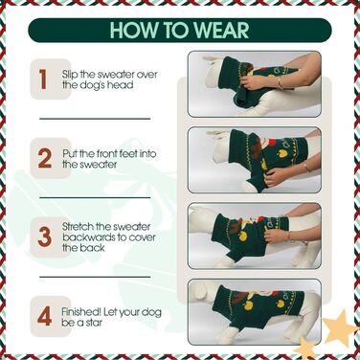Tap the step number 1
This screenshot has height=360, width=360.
(44, 79)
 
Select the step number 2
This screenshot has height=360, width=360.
(45, 158)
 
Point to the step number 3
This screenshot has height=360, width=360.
(44, 236)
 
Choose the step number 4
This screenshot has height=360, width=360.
(44, 316)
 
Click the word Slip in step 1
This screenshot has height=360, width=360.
(70, 75)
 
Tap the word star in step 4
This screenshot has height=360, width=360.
(95, 323)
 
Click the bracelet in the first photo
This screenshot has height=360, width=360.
(280, 83)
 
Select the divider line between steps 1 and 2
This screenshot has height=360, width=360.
(95, 119)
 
